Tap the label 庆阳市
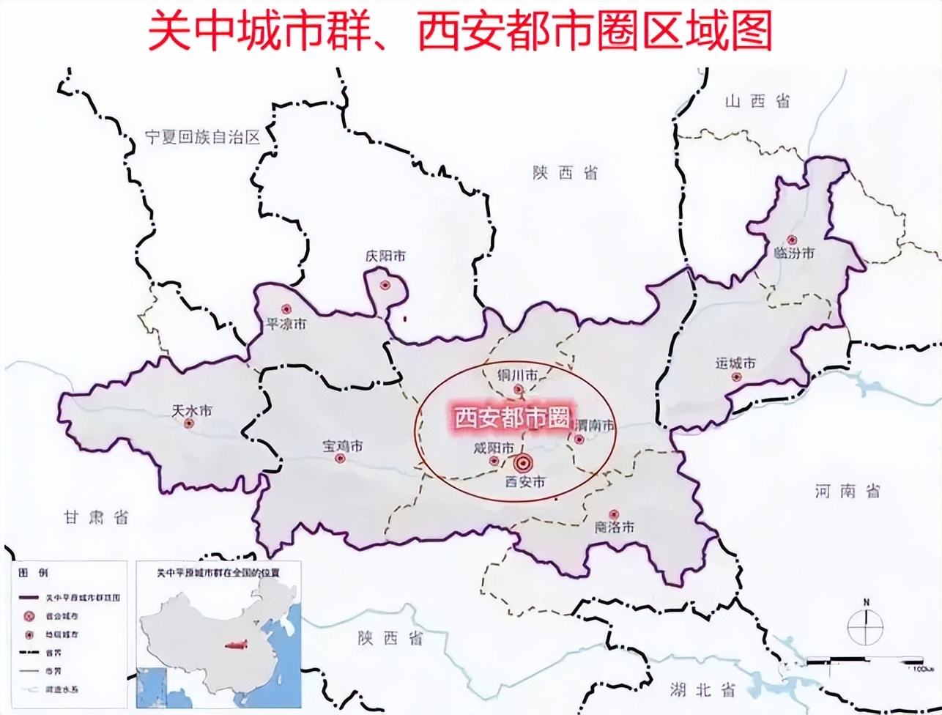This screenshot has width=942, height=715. [x=385, y=257]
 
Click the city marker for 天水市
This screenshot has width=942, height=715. [x=189, y=423]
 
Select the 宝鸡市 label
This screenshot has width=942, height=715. [x=343, y=445]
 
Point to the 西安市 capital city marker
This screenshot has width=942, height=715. [x=523, y=463]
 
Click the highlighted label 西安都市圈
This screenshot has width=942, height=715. [x=512, y=418]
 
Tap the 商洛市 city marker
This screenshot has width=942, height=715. [x=615, y=514]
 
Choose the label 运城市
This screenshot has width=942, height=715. [x=735, y=363]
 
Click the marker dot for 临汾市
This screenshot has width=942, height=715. [x=791, y=240]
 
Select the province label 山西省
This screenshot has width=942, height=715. [x=757, y=102]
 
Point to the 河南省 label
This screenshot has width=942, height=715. [x=848, y=491]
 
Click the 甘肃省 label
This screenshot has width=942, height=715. [x=96, y=517]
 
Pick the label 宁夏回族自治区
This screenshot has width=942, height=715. [x=203, y=137]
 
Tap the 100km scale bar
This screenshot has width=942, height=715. [x=864, y=663]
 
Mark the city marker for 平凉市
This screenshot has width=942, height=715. [x=287, y=310]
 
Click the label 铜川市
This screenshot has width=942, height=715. [x=517, y=375]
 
